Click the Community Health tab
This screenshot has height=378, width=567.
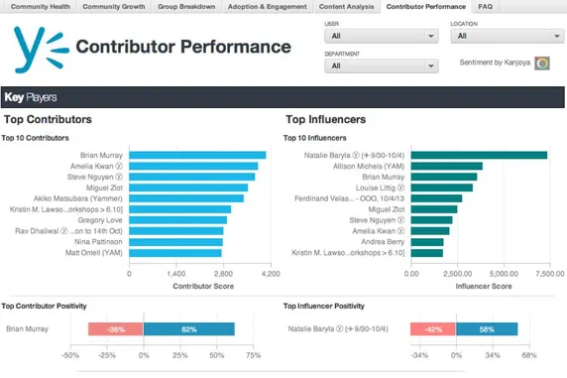pos(40,6)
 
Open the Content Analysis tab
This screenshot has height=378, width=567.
pos(347,6)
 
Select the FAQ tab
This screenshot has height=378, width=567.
pos(486,6)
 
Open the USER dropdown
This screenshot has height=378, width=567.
pos(381,37)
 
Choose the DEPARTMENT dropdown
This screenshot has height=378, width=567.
pos(381,66)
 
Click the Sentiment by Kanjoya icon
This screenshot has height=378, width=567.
pos(542,63)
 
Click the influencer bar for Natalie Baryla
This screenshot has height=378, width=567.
pos(479,155)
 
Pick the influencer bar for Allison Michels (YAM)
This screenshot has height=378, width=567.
pos(446,166)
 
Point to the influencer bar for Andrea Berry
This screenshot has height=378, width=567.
pos(427,242)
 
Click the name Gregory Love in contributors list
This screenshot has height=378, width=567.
pos(101,220)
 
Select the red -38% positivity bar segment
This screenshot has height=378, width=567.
pos(116,328)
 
